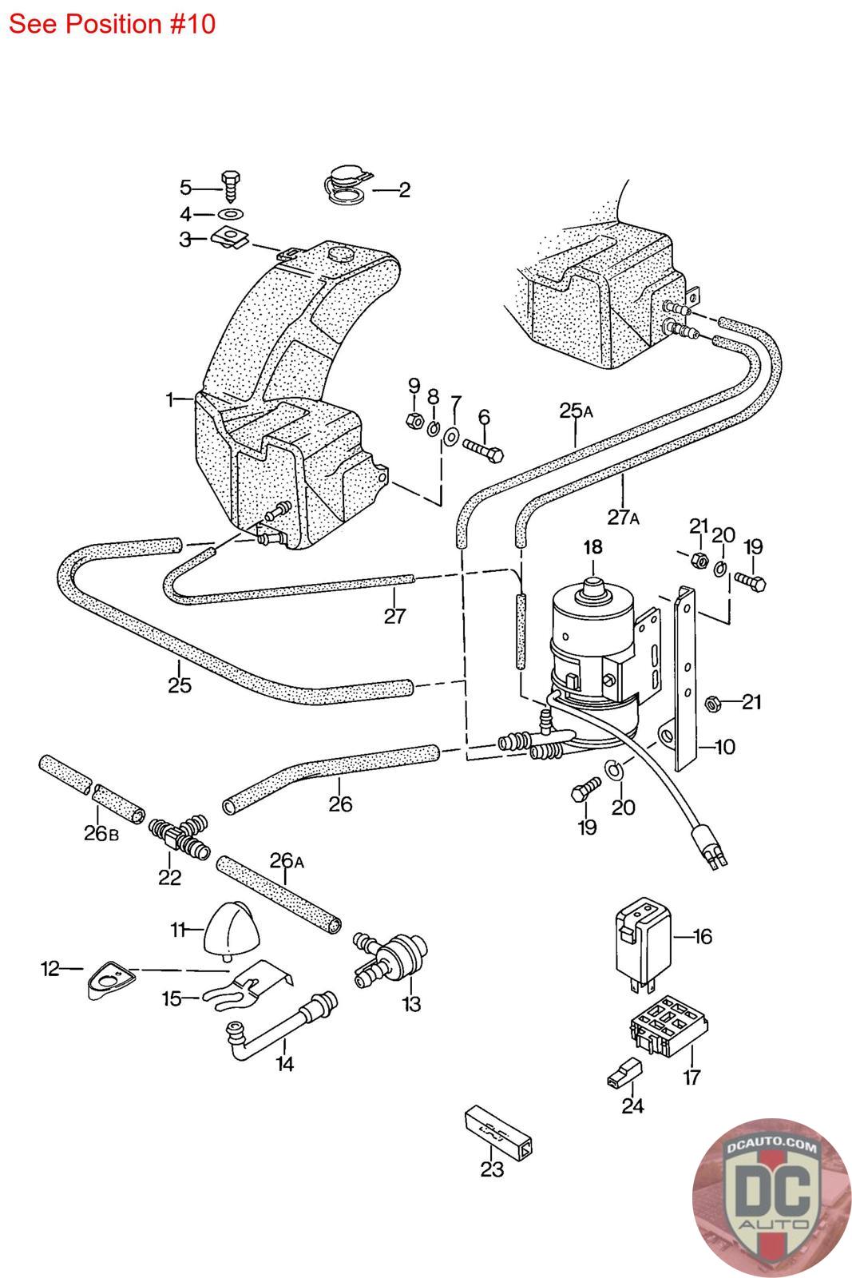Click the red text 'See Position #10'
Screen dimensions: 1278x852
pos(112,24)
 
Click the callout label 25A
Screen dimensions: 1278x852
pos(575,411)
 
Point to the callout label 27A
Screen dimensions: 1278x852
pos(623,517)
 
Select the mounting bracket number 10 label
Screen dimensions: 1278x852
pos(724,748)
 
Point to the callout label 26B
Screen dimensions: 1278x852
pos(101,834)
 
